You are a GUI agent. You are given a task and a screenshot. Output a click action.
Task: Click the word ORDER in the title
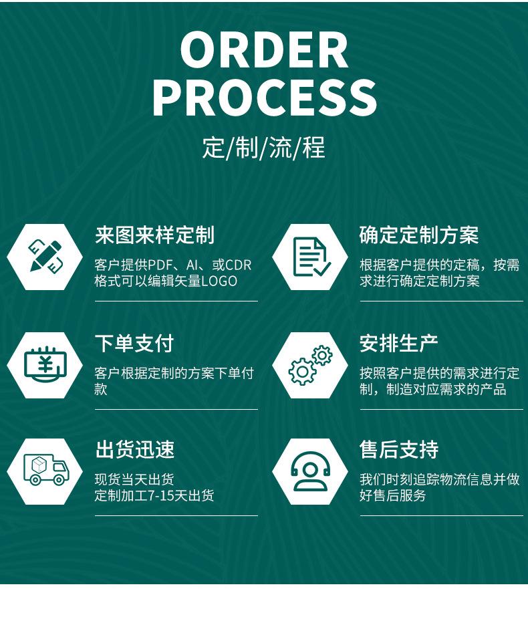click(x=264, y=50)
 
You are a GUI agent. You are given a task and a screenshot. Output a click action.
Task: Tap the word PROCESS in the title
click(x=264, y=98)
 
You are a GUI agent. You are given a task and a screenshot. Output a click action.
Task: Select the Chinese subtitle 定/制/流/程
click(x=263, y=147)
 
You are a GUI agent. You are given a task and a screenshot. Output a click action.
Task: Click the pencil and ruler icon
click(x=45, y=257)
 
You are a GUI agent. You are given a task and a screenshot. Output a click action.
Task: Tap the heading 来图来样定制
click(x=154, y=235)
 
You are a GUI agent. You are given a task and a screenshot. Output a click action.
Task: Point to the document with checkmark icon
click(x=310, y=257)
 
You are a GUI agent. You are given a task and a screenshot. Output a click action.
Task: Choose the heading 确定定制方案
click(x=419, y=235)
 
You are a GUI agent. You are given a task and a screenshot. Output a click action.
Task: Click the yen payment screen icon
click(x=45, y=365)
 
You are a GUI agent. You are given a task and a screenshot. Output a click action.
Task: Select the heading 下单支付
click(x=134, y=344)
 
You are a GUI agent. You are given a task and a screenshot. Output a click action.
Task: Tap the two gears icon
click(x=310, y=365)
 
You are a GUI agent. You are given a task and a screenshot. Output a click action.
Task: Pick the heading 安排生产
click(x=399, y=344)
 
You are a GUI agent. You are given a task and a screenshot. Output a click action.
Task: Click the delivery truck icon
click(x=45, y=470)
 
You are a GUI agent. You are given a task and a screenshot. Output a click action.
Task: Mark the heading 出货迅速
click(x=134, y=450)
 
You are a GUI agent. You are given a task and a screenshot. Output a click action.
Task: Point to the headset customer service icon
click(x=310, y=471)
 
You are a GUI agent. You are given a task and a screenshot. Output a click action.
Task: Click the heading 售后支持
click(x=399, y=450)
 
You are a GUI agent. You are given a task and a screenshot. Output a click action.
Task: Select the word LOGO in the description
click(x=219, y=281)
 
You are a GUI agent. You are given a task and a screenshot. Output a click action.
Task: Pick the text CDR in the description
click(x=239, y=265)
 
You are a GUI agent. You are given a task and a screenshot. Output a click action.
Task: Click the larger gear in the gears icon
click(x=302, y=372)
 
